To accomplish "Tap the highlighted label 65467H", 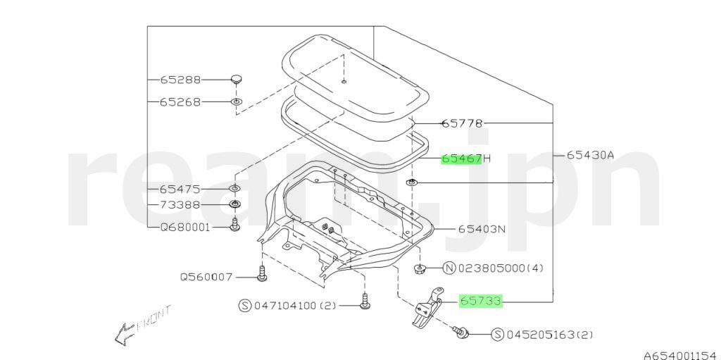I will (x=465, y=159).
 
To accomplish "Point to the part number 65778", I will (x=462, y=123).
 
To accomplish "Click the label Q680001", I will (x=184, y=228).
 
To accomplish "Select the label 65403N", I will (x=482, y=229).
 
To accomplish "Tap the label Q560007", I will (x=206, y=277).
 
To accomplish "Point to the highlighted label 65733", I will (x=480, y=302).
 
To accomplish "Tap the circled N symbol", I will (x=449, y=268).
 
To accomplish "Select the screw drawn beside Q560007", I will (x=261, y=274).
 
